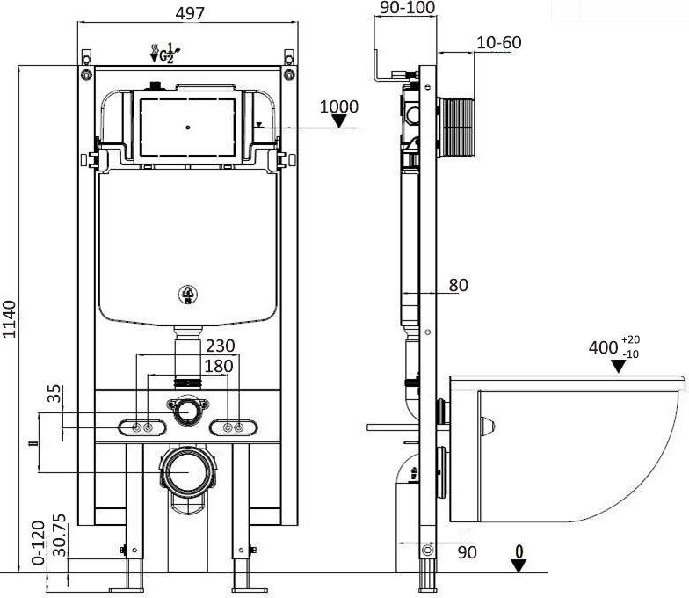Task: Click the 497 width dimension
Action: click(190, 13)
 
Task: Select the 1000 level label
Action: click(339, 106)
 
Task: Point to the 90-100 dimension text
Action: click(408, 7)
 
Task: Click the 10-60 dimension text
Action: click(499, 42)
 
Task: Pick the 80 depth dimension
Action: click(459, 285)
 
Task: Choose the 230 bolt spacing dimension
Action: click(220, 346)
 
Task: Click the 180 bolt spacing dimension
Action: click(219, 366)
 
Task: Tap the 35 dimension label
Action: click(54, 394)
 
